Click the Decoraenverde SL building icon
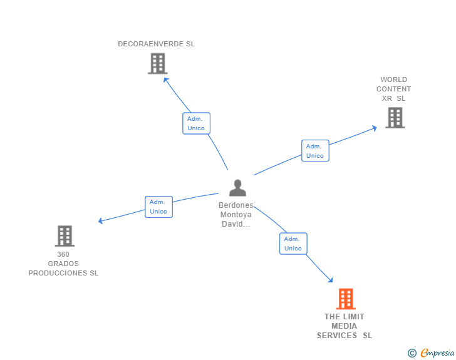tap(158, 63)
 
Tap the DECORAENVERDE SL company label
tap(157, 44)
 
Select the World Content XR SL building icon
tap(395, 118)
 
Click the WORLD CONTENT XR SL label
tap(394, 89)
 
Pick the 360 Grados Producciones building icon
tap(65, 236)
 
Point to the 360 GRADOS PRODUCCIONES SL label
tap(63, 264)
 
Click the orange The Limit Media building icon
tap(345, 299)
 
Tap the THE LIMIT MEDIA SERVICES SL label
tap(345, 326)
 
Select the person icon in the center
tap(237, 188)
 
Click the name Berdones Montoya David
tap(236, 214)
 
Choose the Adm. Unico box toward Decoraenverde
tap(196, 123)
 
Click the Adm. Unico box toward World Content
tap(315, 151)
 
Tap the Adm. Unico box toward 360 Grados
tap(158, 207)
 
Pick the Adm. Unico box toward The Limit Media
tap(293, 244)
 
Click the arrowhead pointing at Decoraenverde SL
tap(166, 80)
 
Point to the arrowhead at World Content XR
tap(374, 128)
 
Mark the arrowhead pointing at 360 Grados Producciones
tap(101, 220)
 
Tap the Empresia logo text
tap(437, 353)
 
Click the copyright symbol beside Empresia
tap(412, 353)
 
